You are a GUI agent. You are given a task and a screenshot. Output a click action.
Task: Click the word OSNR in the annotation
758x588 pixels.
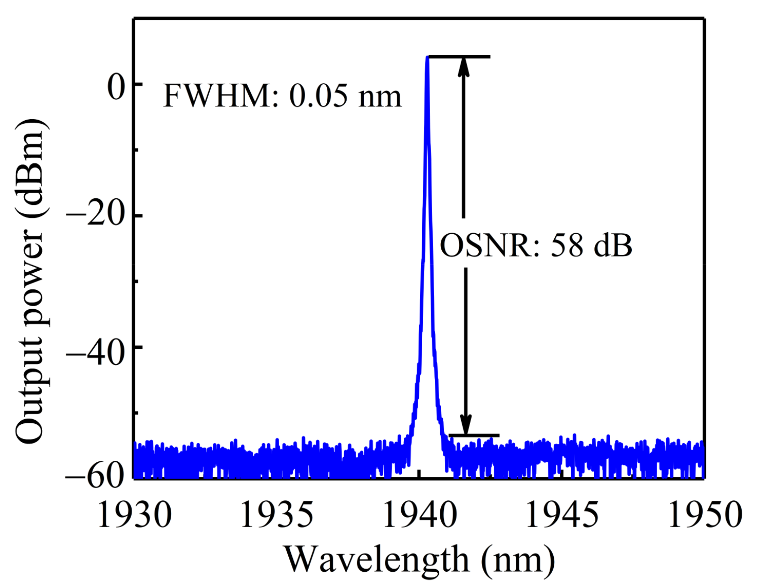point(484,246)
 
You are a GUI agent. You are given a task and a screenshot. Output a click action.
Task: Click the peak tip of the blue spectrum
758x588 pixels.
point(427,57)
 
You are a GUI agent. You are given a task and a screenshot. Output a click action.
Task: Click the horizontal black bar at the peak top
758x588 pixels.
point(459,56)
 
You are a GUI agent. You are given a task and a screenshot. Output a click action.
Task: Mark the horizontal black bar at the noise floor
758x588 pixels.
point(474,435)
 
